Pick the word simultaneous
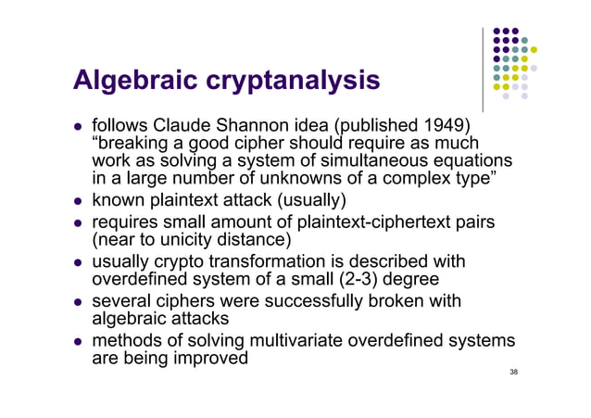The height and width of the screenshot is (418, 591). (379, 162)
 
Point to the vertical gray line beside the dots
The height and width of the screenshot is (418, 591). (484, 70)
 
